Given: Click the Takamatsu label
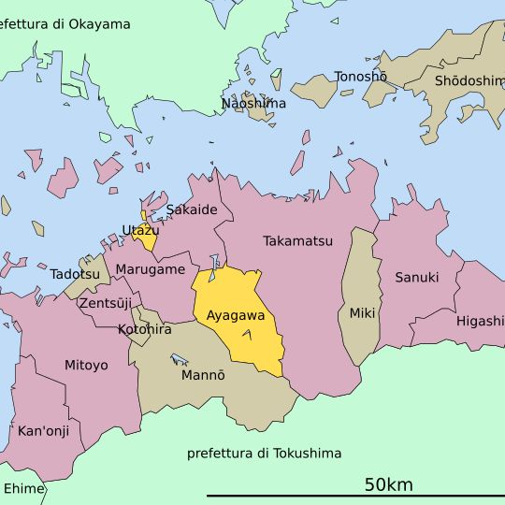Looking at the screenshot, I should click(x=297, y=241).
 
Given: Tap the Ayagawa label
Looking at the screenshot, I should click(x=236, y=316).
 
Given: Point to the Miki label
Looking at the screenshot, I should click(x=362, y=313).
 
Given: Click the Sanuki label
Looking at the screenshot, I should click(x=416, y=278).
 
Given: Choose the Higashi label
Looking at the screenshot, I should click(x=480, y=321).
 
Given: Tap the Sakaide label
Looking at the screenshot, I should click(x=192, y=209).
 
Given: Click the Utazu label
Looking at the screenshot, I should click(x=140, y=230).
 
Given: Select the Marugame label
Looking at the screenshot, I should click(x=151, y=269).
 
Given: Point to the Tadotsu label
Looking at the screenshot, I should click(x=75, y=274).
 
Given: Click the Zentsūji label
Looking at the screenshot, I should click(x=106, y=303).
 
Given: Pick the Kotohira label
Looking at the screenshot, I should click(x=145, y=329).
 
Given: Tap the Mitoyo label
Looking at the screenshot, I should click(x=86, y=365).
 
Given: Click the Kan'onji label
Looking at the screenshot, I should click(x=44, y=431).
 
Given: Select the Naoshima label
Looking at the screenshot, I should click(x=253, y=103).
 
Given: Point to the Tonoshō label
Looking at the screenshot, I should click(x=361, y=77).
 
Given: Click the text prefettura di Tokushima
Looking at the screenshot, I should click(x=264, y=454).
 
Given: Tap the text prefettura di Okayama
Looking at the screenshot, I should click(x=65, y=24).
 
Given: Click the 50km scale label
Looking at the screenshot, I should click(x=388, y=484).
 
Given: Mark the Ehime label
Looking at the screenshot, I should click(x=23, y=488).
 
